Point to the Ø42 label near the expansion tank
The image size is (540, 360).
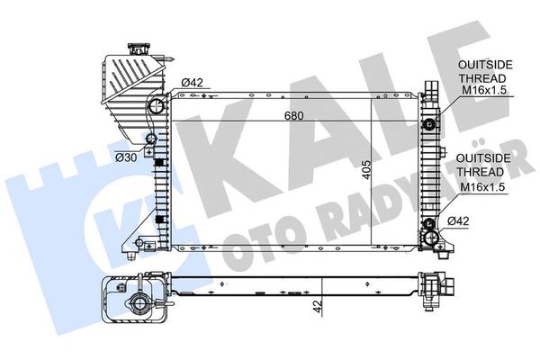coord(193,85)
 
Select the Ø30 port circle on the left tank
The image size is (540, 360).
coord(150,140)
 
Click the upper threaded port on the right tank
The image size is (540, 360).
coord(431,122)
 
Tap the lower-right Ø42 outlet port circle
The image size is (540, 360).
coord(431,238)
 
